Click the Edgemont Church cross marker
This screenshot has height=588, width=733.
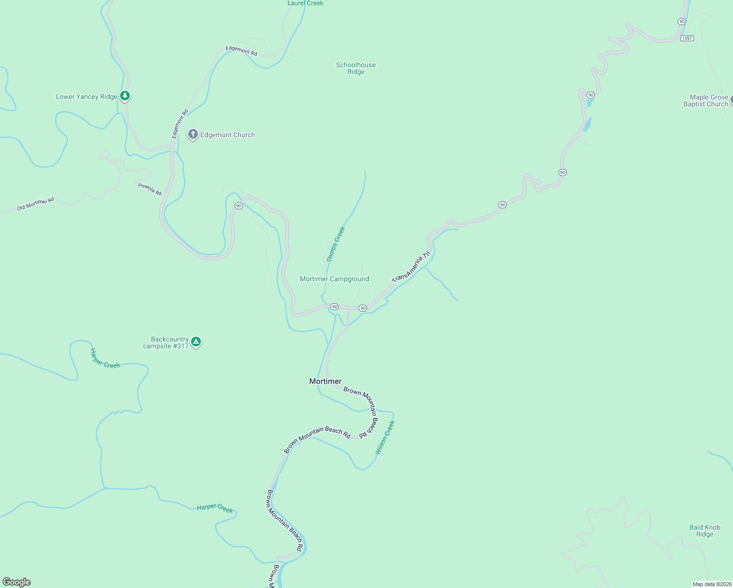(x=193, y=134)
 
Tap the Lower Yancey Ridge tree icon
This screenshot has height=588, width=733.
(x=125, y=96)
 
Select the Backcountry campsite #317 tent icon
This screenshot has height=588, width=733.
(x=196, y=342)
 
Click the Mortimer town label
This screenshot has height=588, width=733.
(x=325, y=381)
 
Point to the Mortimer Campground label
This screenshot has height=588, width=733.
(x=334, y=279)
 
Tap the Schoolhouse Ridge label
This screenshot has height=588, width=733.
(x=356, y=68)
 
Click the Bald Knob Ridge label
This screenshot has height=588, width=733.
(x=705, y=531)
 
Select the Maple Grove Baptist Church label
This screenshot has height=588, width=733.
(x=706, y=100)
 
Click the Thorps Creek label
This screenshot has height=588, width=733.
(x=336, y=244)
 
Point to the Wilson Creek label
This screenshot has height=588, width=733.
(x=385, y=437)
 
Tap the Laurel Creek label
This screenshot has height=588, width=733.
(x=305, y=3)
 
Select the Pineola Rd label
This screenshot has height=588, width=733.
(x=150, y=189)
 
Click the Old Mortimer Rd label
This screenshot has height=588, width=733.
(x=35, y=204)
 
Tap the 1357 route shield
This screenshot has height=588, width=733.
(x=687, y=38)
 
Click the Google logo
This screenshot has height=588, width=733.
(x=17, y=582)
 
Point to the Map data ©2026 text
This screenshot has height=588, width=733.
(x=712, y=584)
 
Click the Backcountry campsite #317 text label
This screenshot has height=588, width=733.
(x=167, y=343)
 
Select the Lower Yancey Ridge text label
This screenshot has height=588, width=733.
(x=87, y=97)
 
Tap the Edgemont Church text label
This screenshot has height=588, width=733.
(x=227, y=135)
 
